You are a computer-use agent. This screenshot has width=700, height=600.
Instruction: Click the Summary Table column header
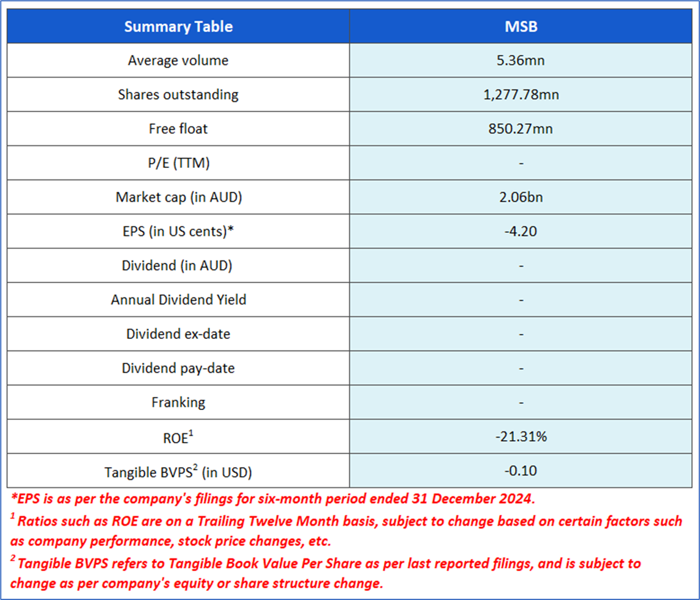[178, 26]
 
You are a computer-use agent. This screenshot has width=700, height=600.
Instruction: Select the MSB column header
[520, 26]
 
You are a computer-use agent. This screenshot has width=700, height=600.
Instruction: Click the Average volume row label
[178, 60]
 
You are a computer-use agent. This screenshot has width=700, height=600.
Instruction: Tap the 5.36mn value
[520, 60]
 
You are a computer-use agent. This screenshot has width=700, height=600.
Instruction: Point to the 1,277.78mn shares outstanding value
[520, 94]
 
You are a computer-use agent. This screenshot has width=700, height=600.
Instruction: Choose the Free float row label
[178, 129]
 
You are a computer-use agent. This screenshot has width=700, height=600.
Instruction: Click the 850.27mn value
[520, 129]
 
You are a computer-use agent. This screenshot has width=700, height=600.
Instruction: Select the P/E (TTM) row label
[178, 163]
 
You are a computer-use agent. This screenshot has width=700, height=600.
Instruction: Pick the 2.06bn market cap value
[520, 197]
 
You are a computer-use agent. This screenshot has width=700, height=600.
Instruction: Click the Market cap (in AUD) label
[178, 197]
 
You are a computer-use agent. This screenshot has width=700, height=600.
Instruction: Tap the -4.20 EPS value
[520, 232]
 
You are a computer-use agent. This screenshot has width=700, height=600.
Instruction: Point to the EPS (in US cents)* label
[178, 232]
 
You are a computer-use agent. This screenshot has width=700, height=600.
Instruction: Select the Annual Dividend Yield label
[178, 300]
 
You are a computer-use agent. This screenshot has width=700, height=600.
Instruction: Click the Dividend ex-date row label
[178, 334]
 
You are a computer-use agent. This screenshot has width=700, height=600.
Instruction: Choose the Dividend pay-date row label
[178, 368]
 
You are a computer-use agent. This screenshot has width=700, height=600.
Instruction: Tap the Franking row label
[178, 403]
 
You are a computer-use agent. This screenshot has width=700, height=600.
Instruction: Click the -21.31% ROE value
[520, 437]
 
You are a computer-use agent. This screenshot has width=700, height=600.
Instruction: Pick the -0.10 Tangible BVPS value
[520, 471]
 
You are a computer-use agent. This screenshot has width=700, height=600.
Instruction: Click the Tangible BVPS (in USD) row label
[178, 471]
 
